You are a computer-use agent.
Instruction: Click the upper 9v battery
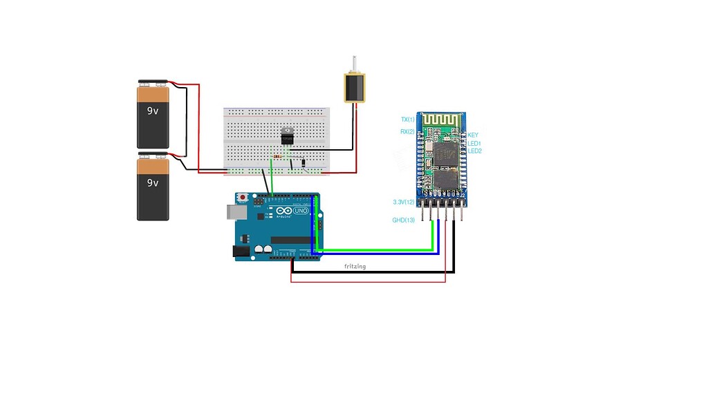(x=153, y=115)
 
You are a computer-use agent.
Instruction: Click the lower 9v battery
(x=153, y=187)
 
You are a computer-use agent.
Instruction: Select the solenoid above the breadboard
(x=355, y=88)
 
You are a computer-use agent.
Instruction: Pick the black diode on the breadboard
(x=302, y=163)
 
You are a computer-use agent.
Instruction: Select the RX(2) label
(x=407, y=131)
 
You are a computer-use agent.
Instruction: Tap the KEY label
(x=473, y=135)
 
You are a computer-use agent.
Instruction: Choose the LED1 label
(x=474, y=144)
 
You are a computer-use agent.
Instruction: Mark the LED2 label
(x=474, y=151)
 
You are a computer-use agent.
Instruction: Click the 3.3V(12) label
(x=403, y=202)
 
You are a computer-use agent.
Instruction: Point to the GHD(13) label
(x=404, y=220)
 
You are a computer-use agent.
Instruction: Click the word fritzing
(x=355, y=266)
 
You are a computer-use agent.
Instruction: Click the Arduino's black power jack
(x=241, y=252)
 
